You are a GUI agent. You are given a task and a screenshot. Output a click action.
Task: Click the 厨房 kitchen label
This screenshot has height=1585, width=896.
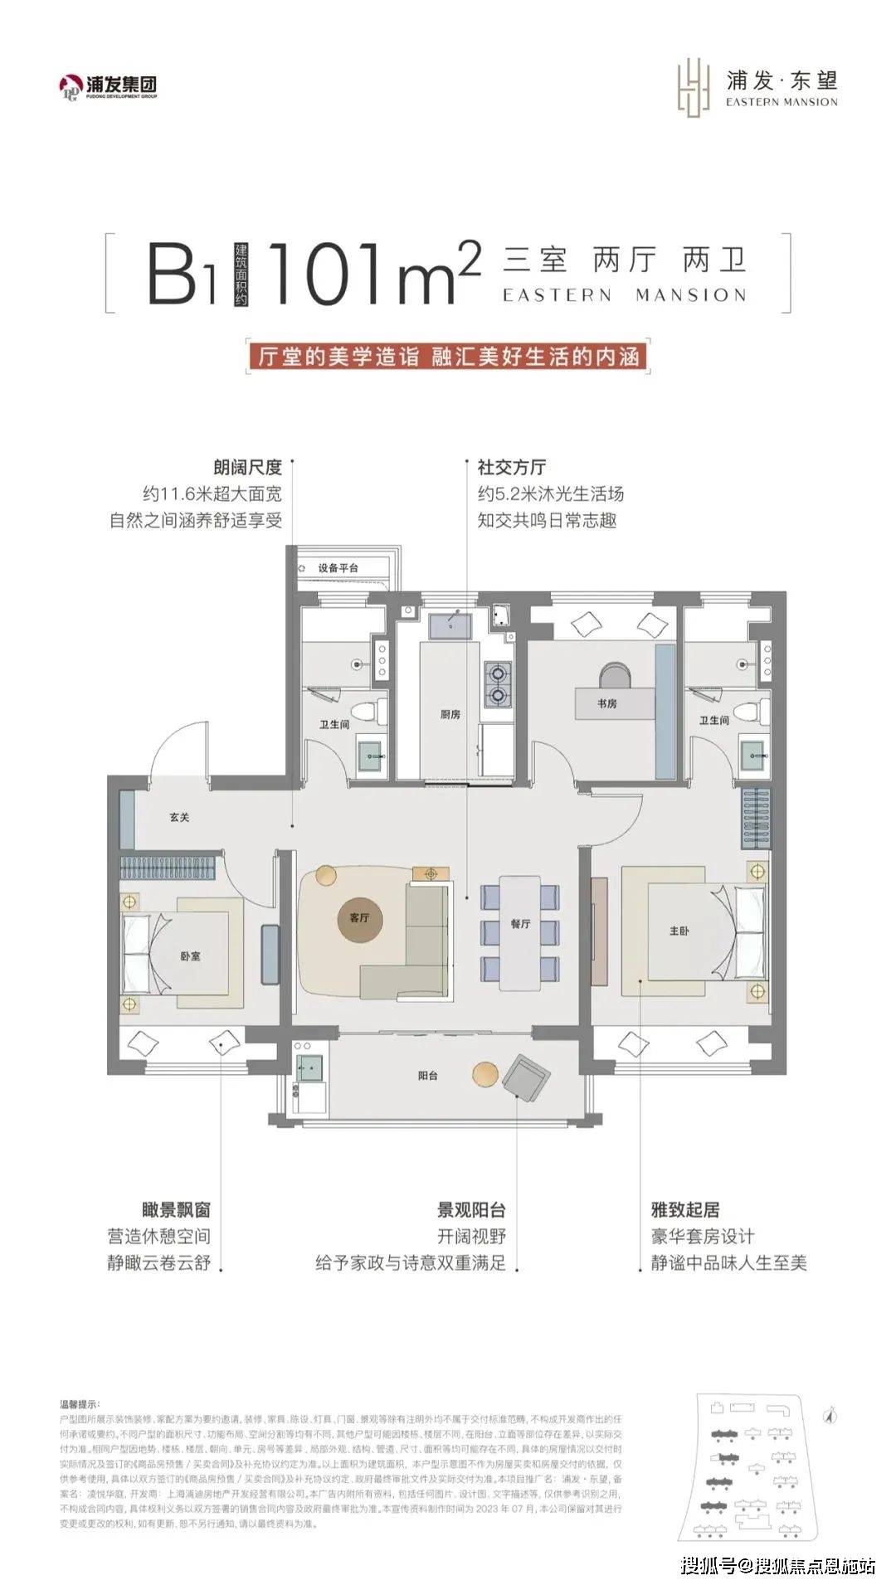coord(450,714)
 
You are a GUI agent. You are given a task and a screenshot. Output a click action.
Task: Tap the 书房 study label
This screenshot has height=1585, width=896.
coord(606,703)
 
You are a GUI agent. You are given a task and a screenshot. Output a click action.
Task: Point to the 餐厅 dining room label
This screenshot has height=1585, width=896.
coord(520,923)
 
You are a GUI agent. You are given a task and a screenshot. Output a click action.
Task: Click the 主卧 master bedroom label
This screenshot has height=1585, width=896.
coord(679,931)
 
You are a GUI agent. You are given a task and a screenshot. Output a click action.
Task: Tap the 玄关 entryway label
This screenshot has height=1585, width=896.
coord(180,817)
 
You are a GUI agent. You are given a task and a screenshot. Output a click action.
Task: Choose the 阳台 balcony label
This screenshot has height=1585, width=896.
coord(428,1076)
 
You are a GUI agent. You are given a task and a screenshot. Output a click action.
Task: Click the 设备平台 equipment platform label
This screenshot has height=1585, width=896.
coord(338,568)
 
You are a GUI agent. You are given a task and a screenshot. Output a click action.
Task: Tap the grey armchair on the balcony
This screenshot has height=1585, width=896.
coord(526,1077)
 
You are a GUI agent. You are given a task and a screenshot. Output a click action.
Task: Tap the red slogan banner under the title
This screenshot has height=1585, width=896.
coord(448,357)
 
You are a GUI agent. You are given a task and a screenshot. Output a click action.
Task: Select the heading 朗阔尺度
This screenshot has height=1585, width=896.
coord(247,467)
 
